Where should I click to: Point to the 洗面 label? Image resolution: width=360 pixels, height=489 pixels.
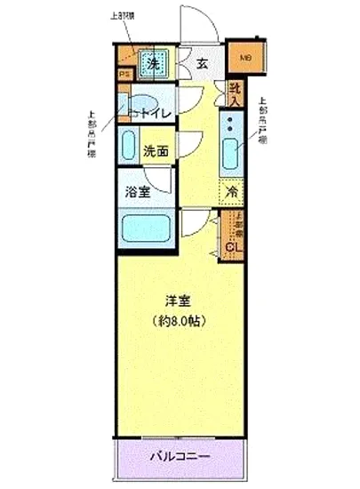(x=156, y=151)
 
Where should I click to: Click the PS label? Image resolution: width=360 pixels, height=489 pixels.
(x=124, y=76)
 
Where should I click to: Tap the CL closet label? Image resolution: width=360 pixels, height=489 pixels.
(x=235, y=246)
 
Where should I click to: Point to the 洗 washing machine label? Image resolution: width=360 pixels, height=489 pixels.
(x=153, y=63)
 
